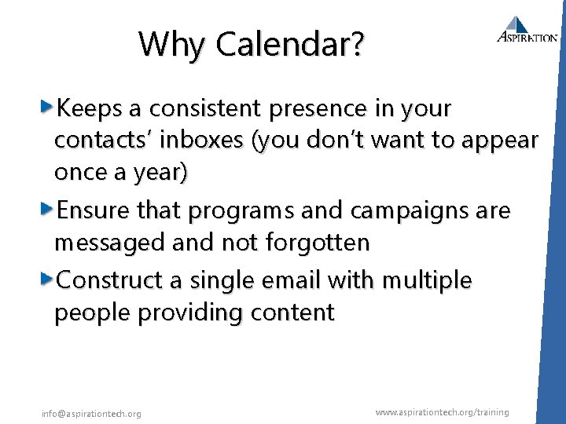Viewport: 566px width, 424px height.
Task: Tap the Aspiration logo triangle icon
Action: [518, 24]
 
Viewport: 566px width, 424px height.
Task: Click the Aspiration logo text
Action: [527, 37]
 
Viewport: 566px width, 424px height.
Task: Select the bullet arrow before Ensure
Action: [47, 210]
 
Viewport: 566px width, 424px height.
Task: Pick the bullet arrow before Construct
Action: [47, 279]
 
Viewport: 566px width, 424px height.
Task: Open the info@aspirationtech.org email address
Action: [91, 414]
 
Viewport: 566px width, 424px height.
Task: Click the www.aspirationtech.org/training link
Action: [442, 412]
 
